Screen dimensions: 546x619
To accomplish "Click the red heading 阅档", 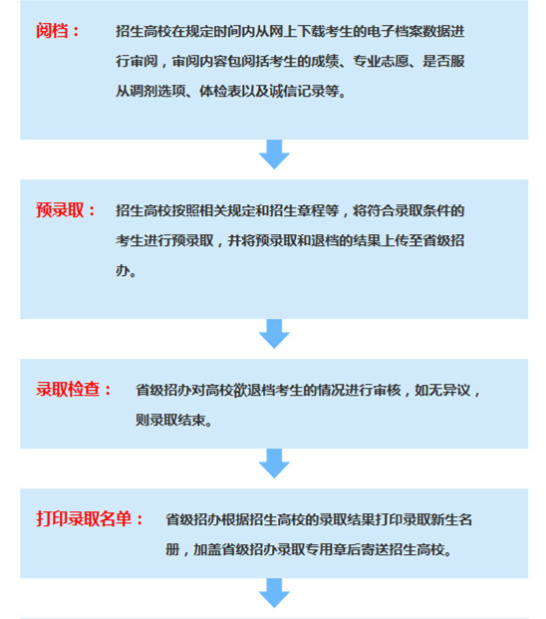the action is point(52,31).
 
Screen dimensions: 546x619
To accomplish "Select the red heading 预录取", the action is point(60,210).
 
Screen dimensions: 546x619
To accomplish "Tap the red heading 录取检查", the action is point(68,390).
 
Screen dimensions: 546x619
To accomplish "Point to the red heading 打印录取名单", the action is point(84,518).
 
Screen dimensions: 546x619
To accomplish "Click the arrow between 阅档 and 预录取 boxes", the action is point(274,155).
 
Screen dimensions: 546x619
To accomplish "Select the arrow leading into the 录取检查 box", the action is point(274,334).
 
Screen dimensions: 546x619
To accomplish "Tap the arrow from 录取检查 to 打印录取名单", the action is point(274,464).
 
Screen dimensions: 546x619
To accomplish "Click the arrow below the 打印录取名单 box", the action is point(274,593).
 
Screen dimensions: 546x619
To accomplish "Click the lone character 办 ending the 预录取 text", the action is point(123,270).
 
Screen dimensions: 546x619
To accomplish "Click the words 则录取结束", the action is point(170,420).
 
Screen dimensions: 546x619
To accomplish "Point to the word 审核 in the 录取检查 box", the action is point(387,390).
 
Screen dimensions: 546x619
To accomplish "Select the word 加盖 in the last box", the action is point(206,549).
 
